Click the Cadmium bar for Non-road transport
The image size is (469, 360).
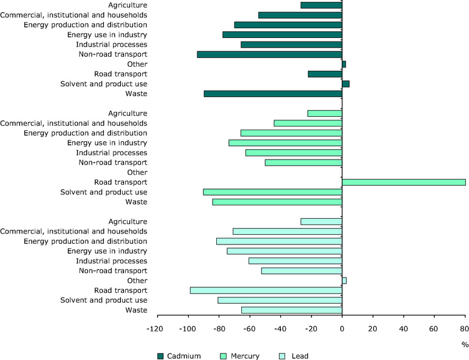(x=269, y=54)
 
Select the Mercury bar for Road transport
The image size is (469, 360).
(x=404, y=182)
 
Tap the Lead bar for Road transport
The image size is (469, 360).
(x=266, y=290)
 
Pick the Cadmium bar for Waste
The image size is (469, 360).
(x=273, y=94)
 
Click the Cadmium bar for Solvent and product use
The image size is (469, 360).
(x=346, y=84)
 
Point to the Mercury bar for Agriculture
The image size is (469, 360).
(x=324, y=113)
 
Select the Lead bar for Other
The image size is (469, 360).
(x=344, y=281)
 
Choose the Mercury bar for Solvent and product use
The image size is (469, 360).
(x=272, y=192)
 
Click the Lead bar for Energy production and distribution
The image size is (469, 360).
(x=279, y=241)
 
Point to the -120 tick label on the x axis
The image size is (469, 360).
(x=157, y=329)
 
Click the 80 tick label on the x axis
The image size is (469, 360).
(x=465, y=329)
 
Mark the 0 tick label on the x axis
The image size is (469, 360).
(x=342, y=329)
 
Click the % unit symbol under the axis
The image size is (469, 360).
(x=465, y=345)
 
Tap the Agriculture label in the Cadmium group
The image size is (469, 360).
(x=128, y=5)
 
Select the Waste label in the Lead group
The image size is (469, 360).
(x=136, y=310)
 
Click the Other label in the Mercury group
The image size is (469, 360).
(x=137, y=172)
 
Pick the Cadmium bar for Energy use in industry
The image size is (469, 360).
(x=282, y=35)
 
